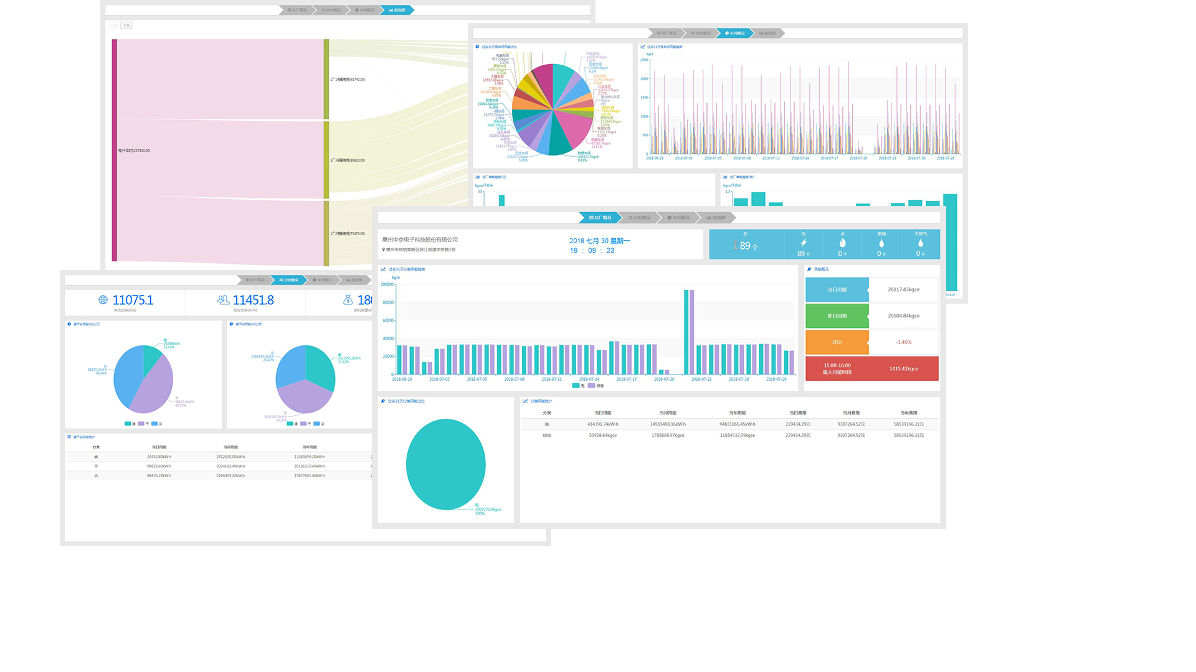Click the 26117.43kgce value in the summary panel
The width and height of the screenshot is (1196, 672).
903,289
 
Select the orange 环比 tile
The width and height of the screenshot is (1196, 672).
837,342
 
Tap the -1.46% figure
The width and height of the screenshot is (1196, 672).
903,342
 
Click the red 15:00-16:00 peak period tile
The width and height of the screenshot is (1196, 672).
837,368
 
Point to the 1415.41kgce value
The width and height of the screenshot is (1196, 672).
903,368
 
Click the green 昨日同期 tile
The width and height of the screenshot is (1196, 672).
837,316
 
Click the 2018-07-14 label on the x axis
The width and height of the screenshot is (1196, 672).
589,379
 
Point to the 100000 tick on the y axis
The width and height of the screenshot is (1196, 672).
387,284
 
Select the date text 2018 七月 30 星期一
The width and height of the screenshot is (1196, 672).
599,241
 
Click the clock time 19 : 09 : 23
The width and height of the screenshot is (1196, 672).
592,251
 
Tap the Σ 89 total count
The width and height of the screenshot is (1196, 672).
746,246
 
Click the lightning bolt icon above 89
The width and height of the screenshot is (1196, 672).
804,243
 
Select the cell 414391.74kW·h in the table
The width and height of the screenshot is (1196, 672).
602,424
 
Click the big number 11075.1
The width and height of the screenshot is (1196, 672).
133,300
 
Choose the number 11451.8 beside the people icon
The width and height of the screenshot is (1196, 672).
253,300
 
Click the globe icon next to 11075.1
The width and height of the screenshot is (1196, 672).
103,300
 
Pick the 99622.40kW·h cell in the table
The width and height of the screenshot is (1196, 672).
159,466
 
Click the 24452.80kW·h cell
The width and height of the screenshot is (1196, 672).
159,457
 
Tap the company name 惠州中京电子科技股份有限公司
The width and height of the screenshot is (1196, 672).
420,240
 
